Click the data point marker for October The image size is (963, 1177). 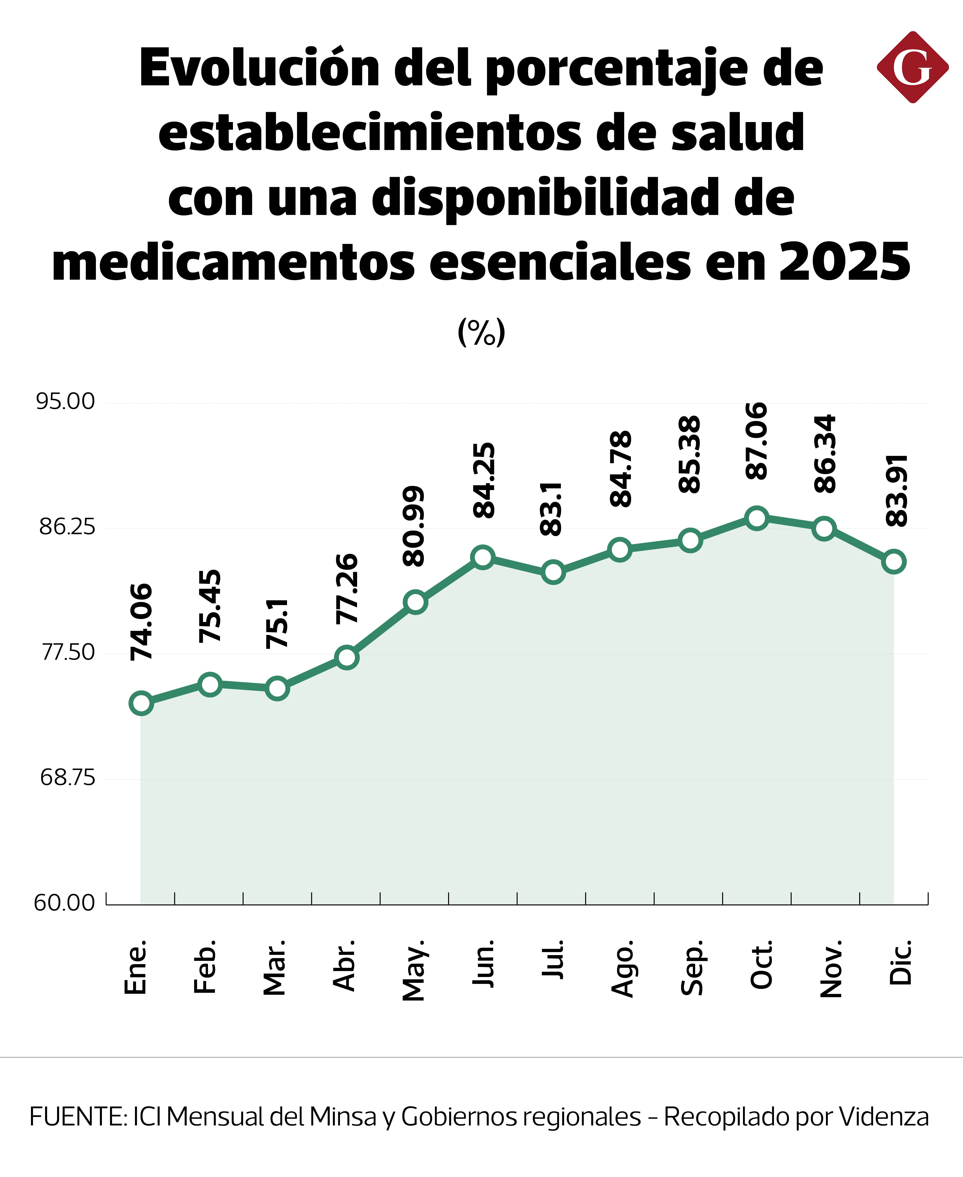(x=757, y=518)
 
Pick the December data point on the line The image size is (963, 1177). (x=894, y=562)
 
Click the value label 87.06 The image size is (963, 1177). (x=757, y=441)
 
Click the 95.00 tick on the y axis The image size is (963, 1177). (x=65, y=401)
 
